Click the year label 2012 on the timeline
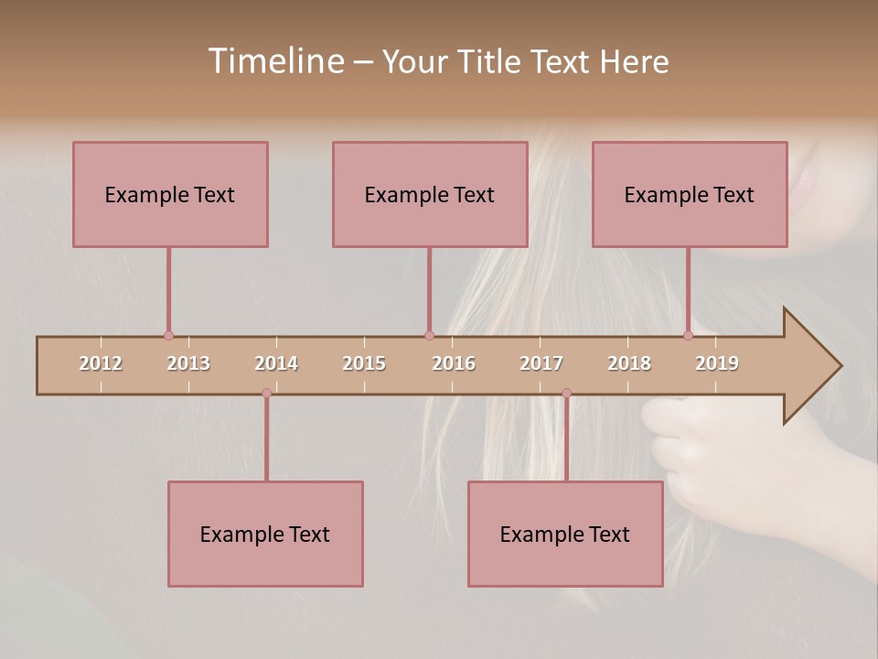pos(101,363)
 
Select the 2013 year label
pos(188,363)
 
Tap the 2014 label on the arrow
pos(276,363)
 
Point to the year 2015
pos(364,363)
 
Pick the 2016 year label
pos(454,363)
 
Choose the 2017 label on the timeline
pos(541,363)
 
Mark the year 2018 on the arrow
pos(629,363)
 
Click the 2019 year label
pos(717,363)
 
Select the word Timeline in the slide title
pos(276,61)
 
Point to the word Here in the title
pos(634,61)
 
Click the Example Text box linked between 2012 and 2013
pos(170,194)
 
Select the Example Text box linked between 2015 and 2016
pos(430,194)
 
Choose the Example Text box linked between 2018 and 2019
pos(690,194)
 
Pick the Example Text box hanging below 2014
pos(265,534)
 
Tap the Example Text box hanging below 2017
pos(565,534)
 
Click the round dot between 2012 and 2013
pos(168,336)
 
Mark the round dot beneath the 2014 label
pos(266,393)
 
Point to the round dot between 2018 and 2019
pos(688,336)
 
